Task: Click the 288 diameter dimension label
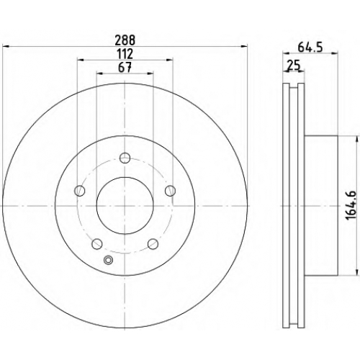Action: click(x=125, y=40)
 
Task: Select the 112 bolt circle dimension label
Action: click(x=125, y=54)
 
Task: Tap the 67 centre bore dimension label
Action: click(x=125, y=68)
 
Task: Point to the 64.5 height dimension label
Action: click(x=310, y=47)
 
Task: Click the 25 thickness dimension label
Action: click(x=294, y=66)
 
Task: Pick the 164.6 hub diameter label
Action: click(x=351, y=206)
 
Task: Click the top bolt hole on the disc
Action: click(x=125, y=158)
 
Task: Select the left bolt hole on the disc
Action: click(x=80, y=191)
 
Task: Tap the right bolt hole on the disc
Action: click(x=170, y=191)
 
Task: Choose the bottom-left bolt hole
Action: click(x=97, y=244)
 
